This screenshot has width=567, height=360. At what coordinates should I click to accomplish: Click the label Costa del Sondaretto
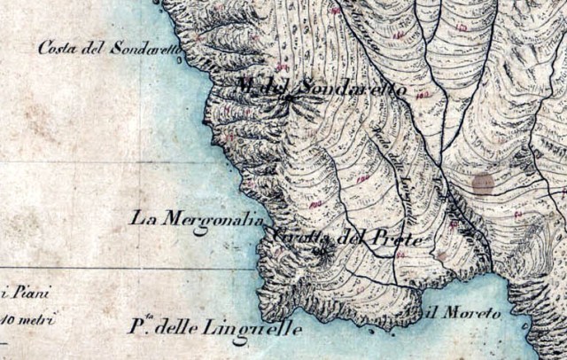106,48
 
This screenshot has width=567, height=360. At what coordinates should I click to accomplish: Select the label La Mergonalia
195,218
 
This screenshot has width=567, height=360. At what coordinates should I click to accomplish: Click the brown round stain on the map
482,184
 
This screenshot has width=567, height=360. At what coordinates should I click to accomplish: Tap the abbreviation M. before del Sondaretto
245,86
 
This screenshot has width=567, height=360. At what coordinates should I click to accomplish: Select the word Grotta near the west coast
302,238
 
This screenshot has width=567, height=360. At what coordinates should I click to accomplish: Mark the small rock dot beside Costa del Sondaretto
182,60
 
